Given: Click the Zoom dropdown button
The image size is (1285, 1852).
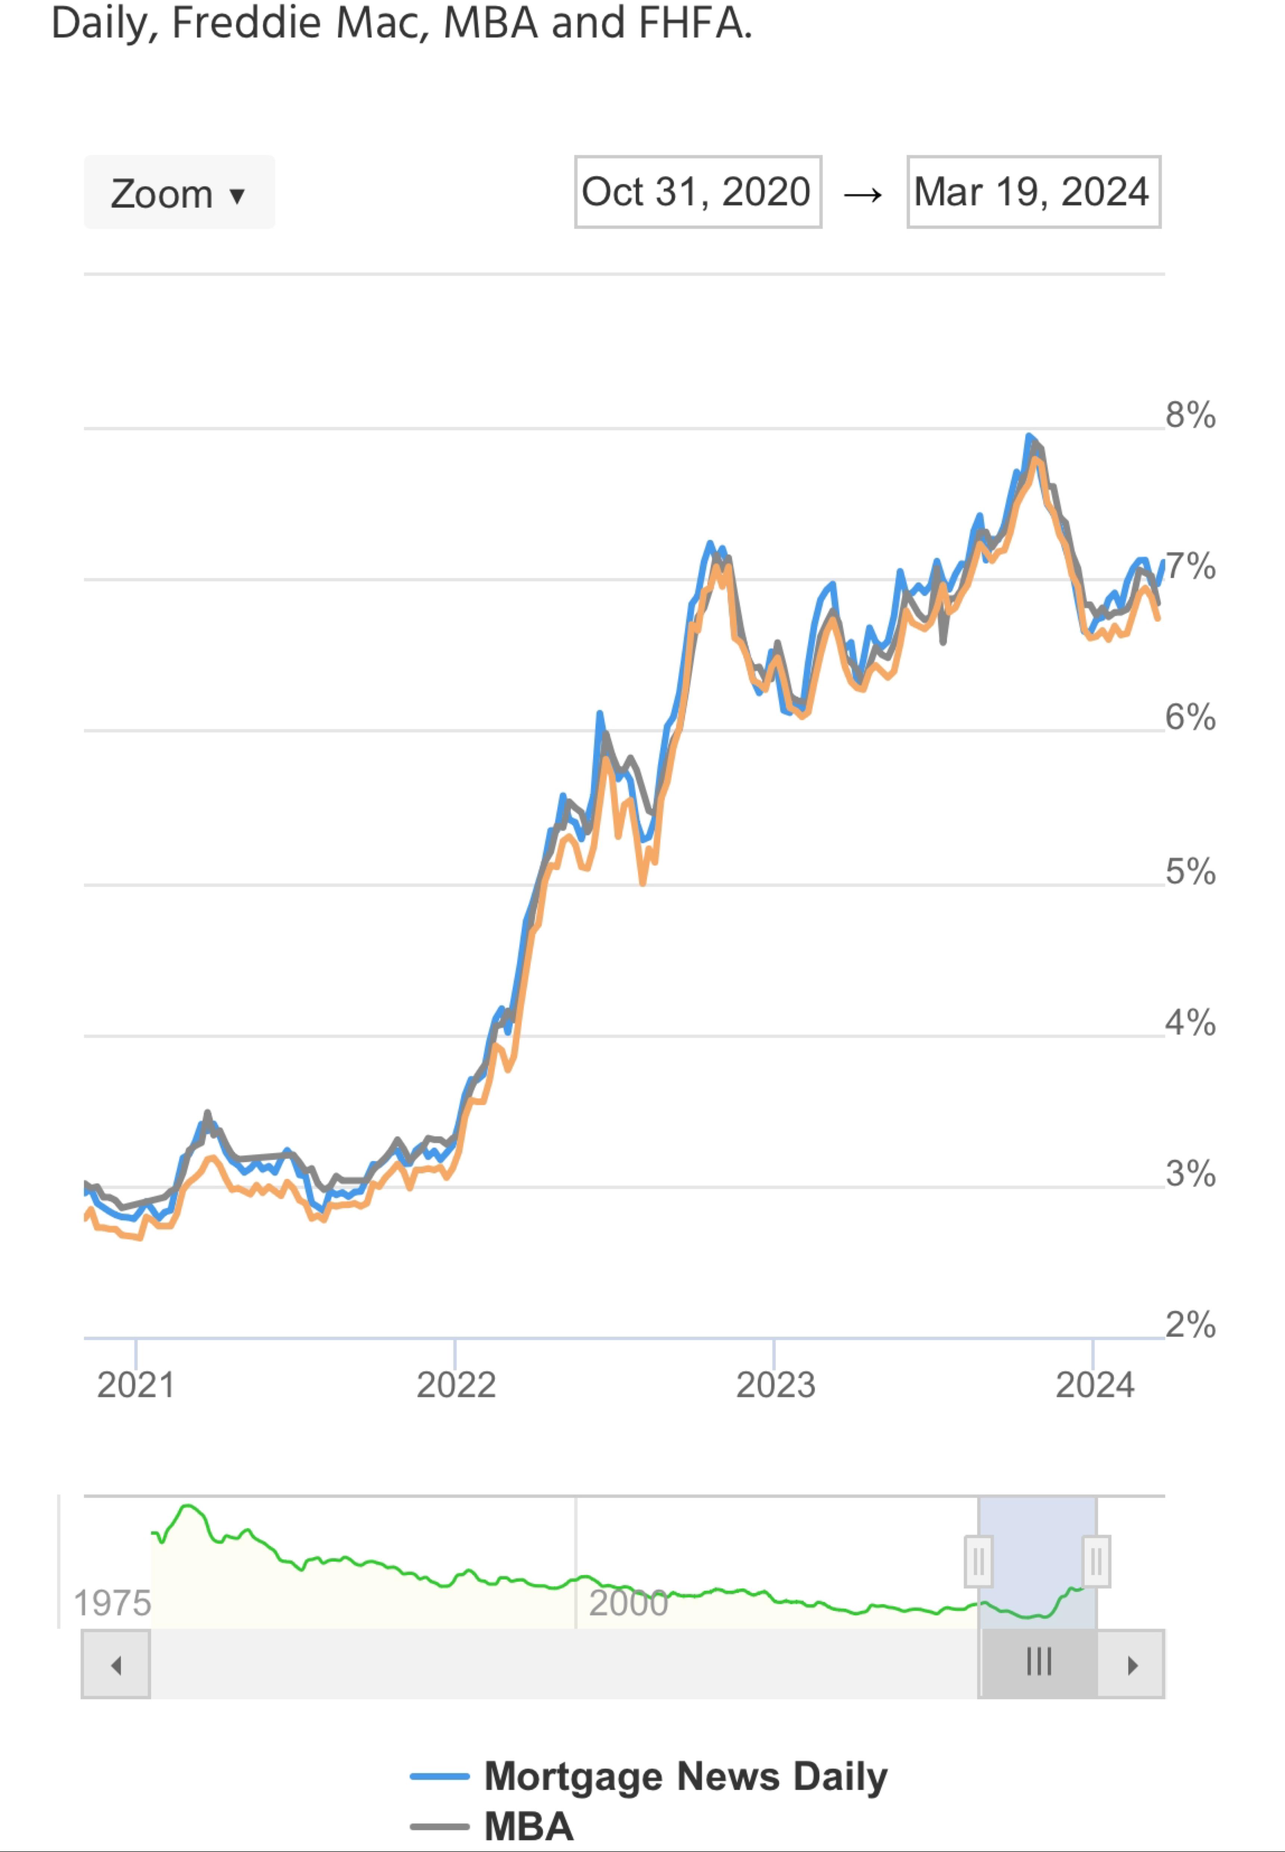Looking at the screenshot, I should pos(179,193).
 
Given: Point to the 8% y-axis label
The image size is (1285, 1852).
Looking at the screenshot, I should pos(1190,415).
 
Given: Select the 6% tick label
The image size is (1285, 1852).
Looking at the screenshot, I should pos(1190,717).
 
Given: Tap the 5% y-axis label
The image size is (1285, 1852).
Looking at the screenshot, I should pos(1190,872).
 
